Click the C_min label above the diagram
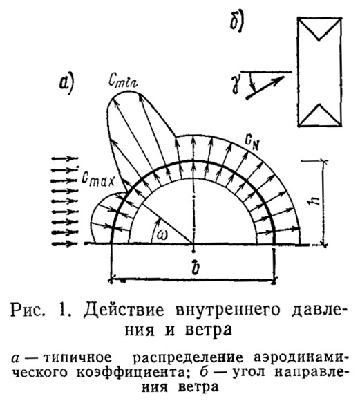[x=123, y=81]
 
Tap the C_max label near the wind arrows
[x=98, y=180]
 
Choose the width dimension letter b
[x=196, y=268]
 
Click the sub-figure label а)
[x=66, y=84]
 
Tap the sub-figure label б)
[x=237, y=21]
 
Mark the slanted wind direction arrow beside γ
[x=265, y=87]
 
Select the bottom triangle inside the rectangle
[x=320, y=115]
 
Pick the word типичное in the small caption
[x=78, y=358]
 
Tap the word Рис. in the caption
[x=27, y=310]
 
